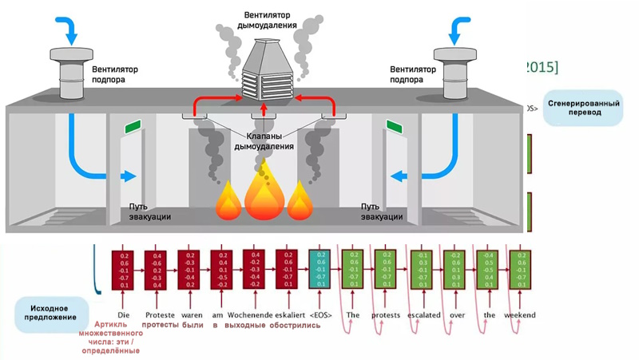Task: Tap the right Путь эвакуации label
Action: (x=383, y=212)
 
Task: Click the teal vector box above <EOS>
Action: (x=319, y=270)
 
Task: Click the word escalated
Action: (x=423, y=315)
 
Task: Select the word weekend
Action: (x=521, y=315)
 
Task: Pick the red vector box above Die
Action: (x=123, y=270)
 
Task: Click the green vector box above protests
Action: (x=386, y=270)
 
